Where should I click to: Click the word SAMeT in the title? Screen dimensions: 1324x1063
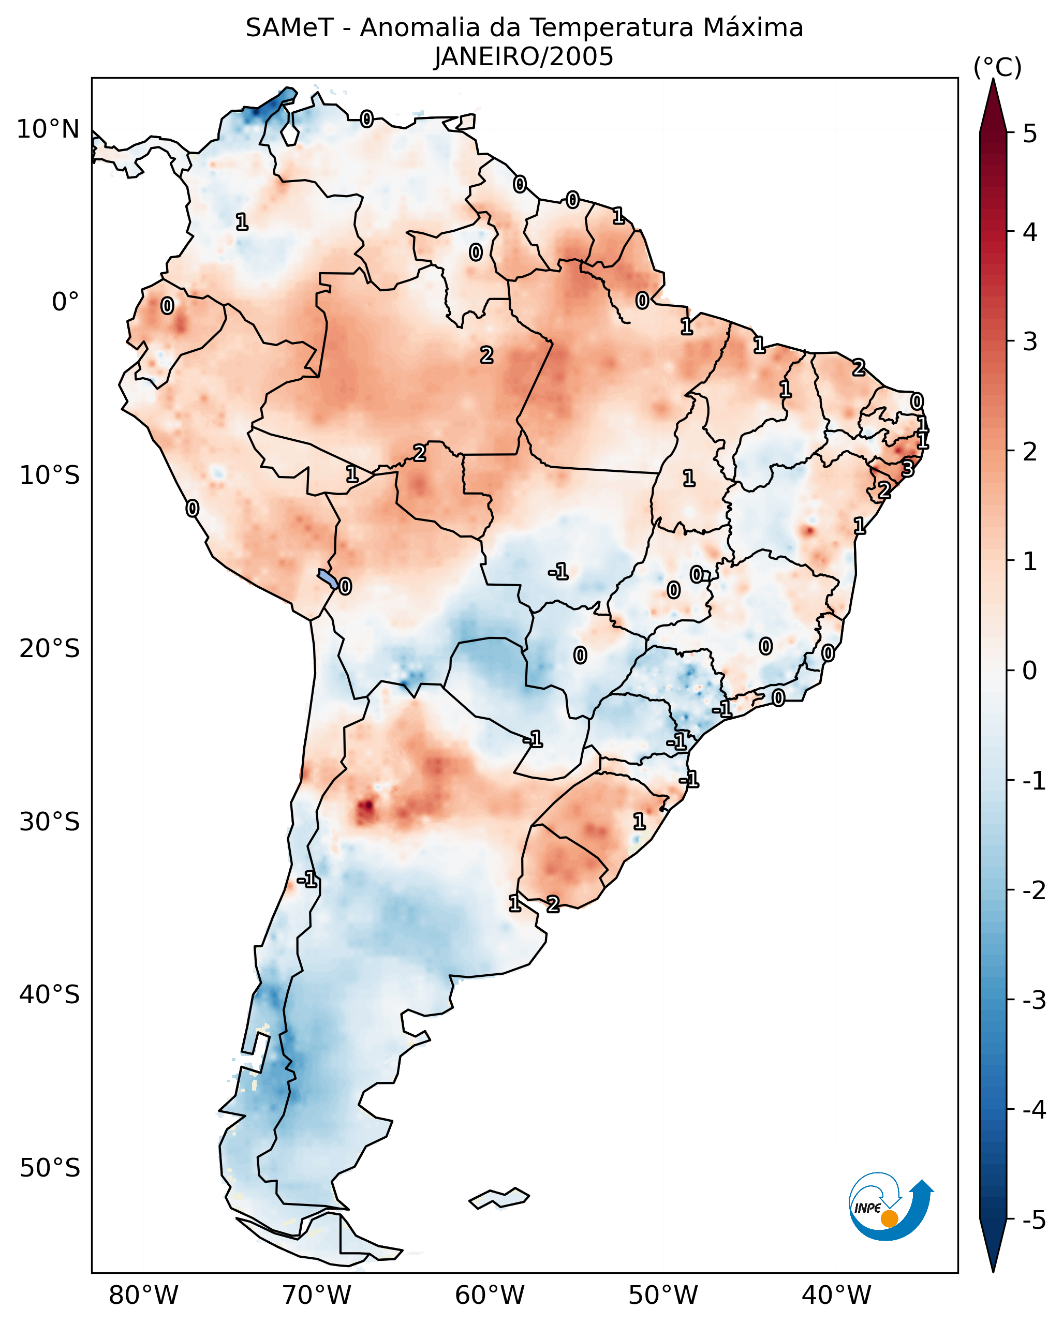[x=289, y=28]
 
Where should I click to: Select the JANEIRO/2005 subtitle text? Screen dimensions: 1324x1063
[x=524, y=57]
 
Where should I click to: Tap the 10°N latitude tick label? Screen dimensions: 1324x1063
[x=48, y=129]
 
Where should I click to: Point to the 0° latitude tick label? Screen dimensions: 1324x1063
[x=66, y=302]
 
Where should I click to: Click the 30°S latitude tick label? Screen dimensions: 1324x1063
[x=49, y=822]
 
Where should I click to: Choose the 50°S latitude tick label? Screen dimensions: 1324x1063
[x=49, y=1168]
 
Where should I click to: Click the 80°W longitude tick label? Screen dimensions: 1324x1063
[x=143, y=1295]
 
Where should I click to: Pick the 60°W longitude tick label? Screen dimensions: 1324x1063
[x=490, y=1295]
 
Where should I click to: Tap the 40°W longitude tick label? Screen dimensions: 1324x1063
[x=836, y=1295]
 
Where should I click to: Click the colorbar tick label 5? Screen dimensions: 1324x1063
[x=1030, y=134]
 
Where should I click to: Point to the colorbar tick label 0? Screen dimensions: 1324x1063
[x=1030, y=670]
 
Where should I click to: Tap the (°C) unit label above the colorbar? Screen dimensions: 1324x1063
[x=997, y=68]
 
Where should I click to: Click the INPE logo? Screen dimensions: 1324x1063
[x=890, y=1209]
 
